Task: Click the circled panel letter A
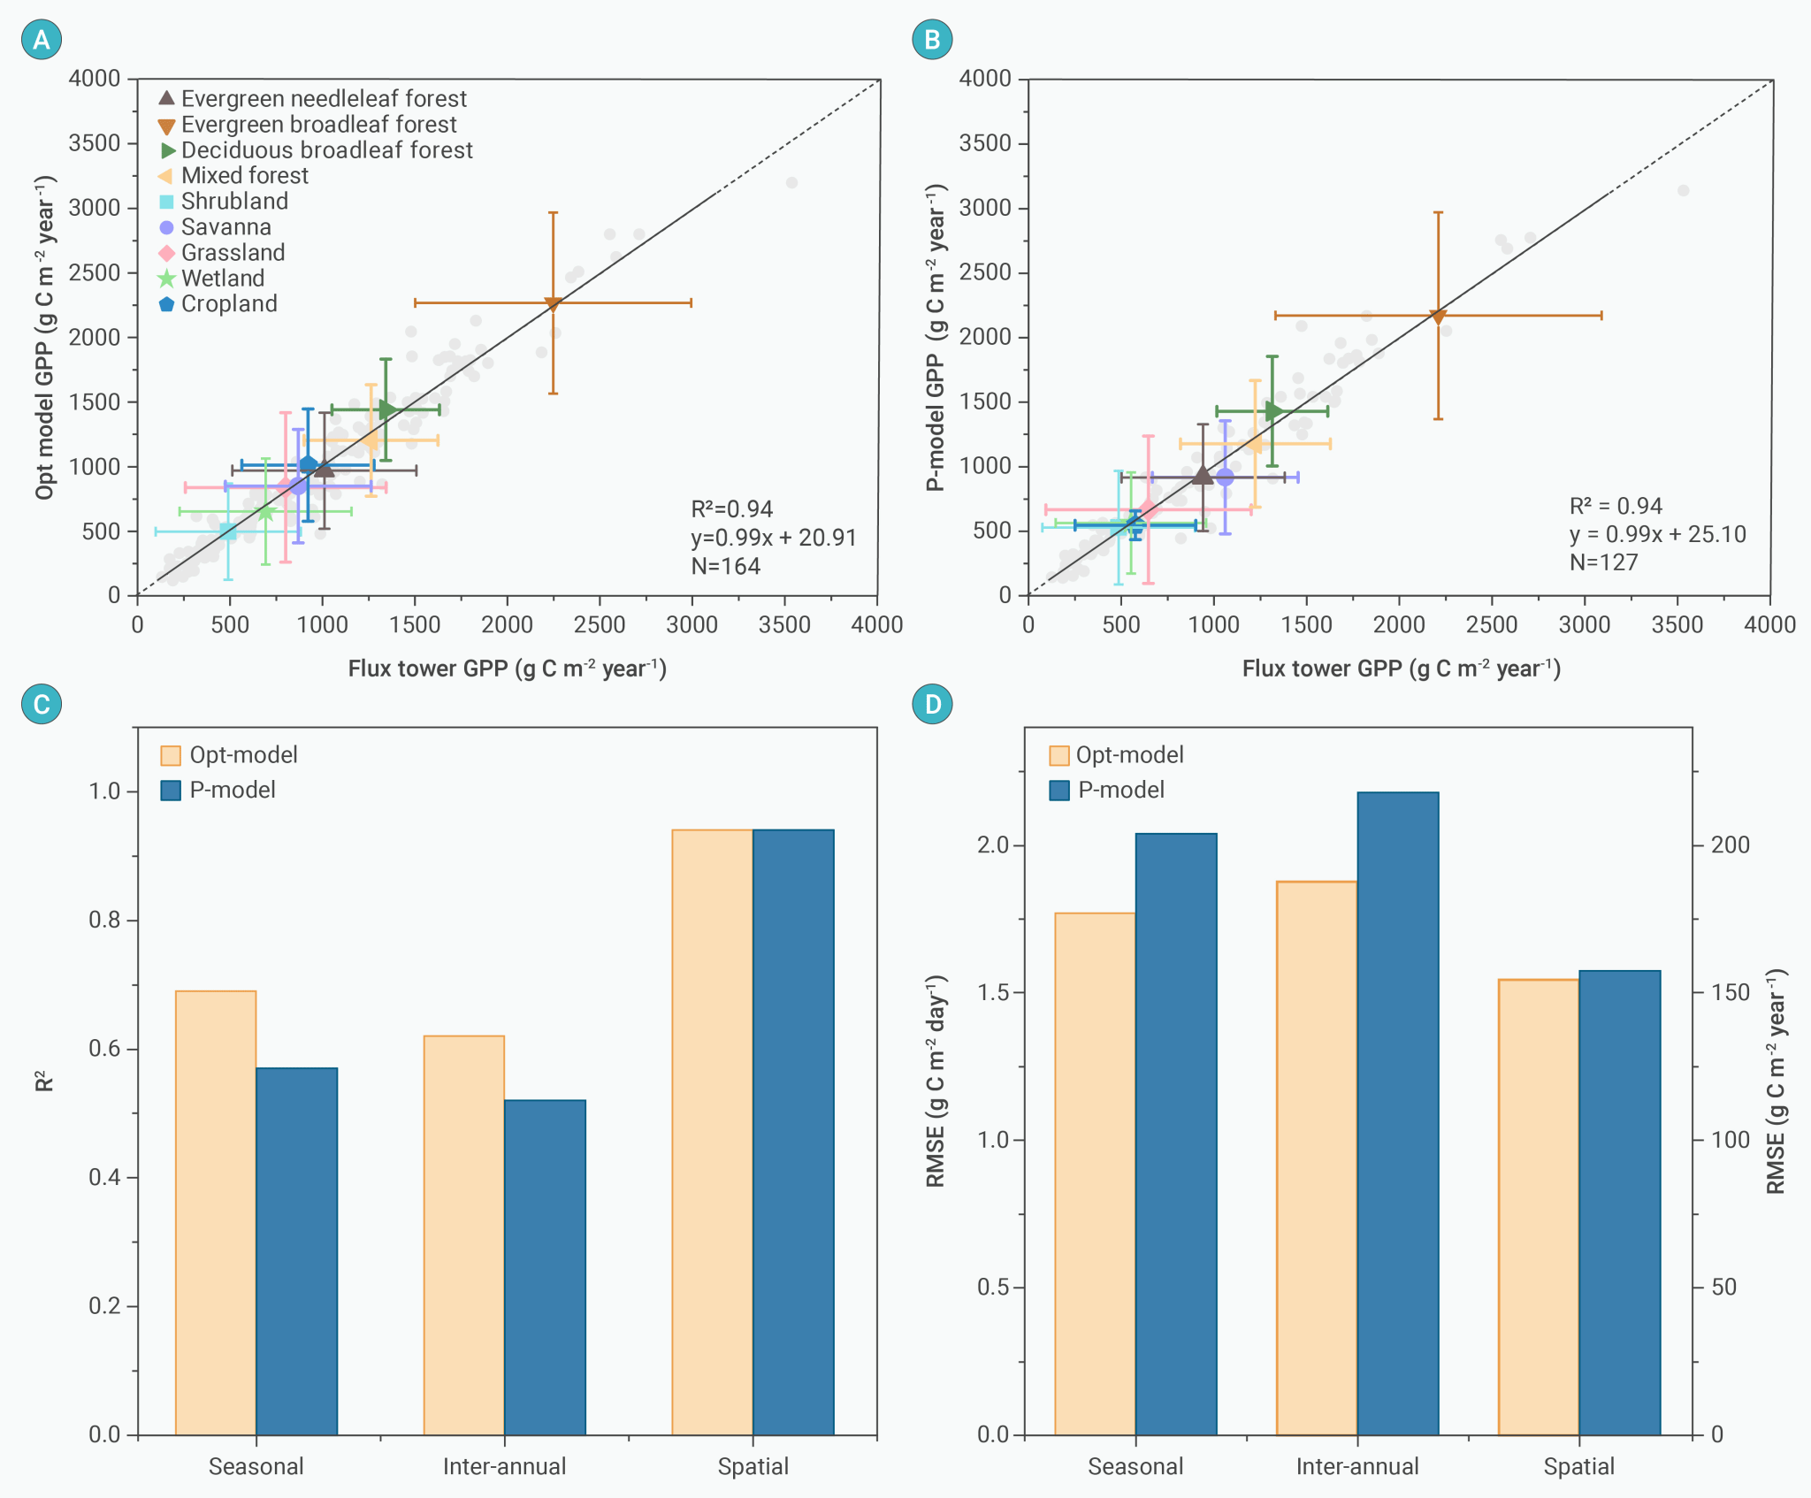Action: (42, 40)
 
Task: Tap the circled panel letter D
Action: (933, 705)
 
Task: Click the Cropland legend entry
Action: (218, 304)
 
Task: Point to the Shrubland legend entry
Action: (224, 202)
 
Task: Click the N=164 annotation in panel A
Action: (725, 566)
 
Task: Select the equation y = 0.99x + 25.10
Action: (1657, 534)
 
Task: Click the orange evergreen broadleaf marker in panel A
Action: (553, 303)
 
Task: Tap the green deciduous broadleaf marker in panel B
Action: (1273, 411)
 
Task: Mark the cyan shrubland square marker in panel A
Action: (228, 531)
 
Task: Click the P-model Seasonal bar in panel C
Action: (297, 1250)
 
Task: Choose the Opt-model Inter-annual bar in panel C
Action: (464, 1234)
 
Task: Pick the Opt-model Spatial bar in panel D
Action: (1539, 1206)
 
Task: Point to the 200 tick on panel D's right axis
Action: (1730, 845)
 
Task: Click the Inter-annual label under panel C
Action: (504, 1467)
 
